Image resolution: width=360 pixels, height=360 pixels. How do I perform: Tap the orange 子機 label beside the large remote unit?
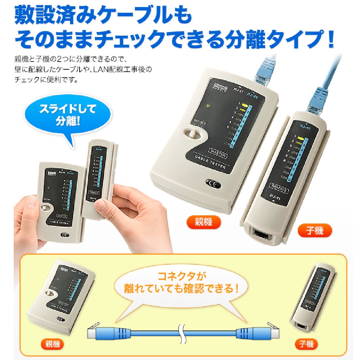315,230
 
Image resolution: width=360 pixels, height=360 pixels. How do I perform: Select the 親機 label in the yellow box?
52,344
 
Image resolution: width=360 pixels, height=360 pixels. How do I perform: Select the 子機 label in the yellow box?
306,344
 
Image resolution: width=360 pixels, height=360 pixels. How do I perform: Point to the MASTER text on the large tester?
218,153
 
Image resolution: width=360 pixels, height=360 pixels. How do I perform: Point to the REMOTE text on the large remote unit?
279,189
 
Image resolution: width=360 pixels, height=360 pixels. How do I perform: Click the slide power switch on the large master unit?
193,134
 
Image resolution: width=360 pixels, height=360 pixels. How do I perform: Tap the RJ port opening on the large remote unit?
261,234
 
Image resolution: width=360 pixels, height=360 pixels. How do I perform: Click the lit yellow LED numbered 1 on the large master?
243,105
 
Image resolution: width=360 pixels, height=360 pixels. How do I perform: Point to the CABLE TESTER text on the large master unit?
210,162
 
